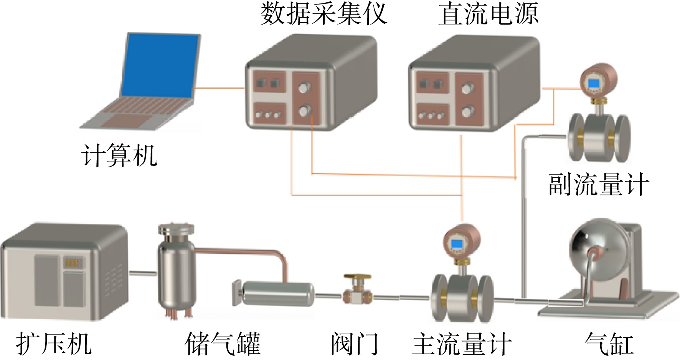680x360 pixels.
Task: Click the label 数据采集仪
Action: tap(323, 14)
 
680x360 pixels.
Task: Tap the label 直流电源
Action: tap(488, 14)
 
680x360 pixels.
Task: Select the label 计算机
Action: tap(119, 155)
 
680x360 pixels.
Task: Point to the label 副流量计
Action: tap(599, 185)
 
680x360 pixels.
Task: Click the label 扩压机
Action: tap(54, 343)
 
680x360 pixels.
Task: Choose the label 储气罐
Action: tap(223, 343)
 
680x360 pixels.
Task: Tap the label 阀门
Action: tap(355, 343)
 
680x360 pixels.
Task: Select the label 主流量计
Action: tap(462, 343)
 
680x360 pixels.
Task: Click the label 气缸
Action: tap(609, 343)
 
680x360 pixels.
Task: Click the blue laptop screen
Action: tap(160, 65)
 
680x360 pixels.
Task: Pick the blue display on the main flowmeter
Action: tap(457, 244)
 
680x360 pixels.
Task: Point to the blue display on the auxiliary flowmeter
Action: tap(594, 83)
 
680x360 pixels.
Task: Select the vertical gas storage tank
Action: tap(175, 271)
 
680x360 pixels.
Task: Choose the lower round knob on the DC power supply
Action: tap(466, 112)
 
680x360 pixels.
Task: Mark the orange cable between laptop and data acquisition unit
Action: tap(219, 88)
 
